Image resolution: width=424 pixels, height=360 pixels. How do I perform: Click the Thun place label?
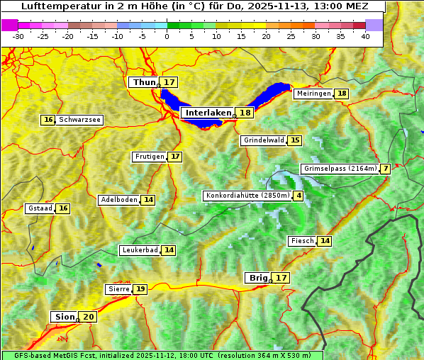coord(144,83)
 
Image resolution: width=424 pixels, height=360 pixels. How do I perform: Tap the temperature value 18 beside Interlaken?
coord(245,113)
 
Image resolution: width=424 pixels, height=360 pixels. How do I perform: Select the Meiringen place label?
coord(313,94)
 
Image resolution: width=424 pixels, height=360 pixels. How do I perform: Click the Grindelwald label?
coord(264,140)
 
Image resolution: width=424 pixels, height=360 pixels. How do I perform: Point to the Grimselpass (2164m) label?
coord(340,169)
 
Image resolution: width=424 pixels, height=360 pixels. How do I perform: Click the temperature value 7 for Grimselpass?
coord(385,169)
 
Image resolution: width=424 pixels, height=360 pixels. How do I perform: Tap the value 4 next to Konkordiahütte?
coord(299,196)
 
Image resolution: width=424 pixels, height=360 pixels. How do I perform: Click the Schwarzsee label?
coord(79,120)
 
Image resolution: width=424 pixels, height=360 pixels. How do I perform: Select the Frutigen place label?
coord(149,157)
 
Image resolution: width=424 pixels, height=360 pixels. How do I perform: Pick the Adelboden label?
coord(118,200)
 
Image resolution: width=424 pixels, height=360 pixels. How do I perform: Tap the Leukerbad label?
coord(139,250)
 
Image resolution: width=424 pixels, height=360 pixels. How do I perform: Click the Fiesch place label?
coord(302,241)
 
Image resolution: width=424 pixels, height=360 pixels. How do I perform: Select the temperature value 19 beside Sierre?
coord(140,289)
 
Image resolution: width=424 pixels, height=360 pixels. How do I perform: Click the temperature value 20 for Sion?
coord(89,317)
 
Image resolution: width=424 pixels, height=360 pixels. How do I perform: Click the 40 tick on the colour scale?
coord(365,35)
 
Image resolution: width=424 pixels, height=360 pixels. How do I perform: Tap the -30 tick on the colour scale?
coord(18,35)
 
